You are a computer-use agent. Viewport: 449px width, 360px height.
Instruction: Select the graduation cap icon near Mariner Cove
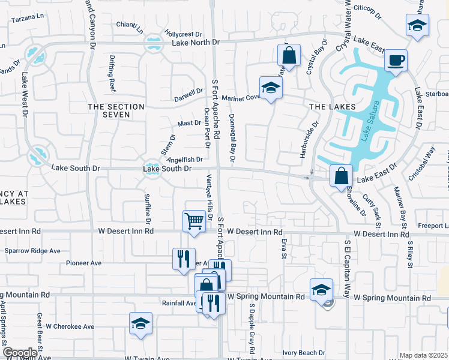click(x=270, y=88)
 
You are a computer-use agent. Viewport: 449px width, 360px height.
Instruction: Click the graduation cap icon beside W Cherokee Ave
click(x=140, y=323)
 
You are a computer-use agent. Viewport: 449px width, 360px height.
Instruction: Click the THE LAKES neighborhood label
click(x=332, y=106)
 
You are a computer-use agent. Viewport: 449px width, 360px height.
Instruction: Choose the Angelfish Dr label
click(x=184, y=160)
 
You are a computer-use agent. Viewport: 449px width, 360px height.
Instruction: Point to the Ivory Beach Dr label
click(x=304, y=353)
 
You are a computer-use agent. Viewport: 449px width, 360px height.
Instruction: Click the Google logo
click(x=20, y=353)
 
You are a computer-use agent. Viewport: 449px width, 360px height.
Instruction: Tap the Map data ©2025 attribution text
click(x=423, y=355)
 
